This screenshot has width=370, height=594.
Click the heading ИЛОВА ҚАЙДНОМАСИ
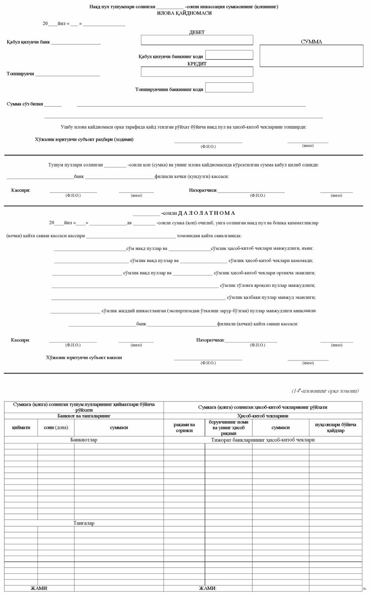pos(184,13)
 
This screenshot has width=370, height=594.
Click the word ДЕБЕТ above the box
pos(197,32)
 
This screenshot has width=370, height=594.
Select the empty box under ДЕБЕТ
pos(197,40)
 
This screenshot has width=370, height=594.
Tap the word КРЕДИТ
pos(197,64)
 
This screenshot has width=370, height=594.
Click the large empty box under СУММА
pos(311,56)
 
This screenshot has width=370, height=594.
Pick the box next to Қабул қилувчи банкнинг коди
pos(229,55)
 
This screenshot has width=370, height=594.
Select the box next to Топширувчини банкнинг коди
pos(229,87)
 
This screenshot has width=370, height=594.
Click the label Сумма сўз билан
pos(25,104)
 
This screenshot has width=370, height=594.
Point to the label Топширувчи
pos(20,74)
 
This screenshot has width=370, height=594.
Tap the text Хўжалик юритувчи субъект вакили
pos(84,358)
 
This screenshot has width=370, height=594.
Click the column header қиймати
pos(21,427)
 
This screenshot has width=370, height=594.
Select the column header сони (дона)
pos(56,427)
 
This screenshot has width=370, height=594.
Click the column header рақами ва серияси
pos(184,427)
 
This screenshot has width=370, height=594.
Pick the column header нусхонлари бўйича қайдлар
pos(336,427)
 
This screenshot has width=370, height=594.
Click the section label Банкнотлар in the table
pos(84,440)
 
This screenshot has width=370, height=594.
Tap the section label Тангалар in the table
pos(84,523)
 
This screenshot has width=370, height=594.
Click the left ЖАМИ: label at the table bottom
pos(39,588)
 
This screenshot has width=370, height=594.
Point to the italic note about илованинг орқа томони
pos(325,391)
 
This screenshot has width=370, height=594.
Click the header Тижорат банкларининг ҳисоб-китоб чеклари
pos(263,440)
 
